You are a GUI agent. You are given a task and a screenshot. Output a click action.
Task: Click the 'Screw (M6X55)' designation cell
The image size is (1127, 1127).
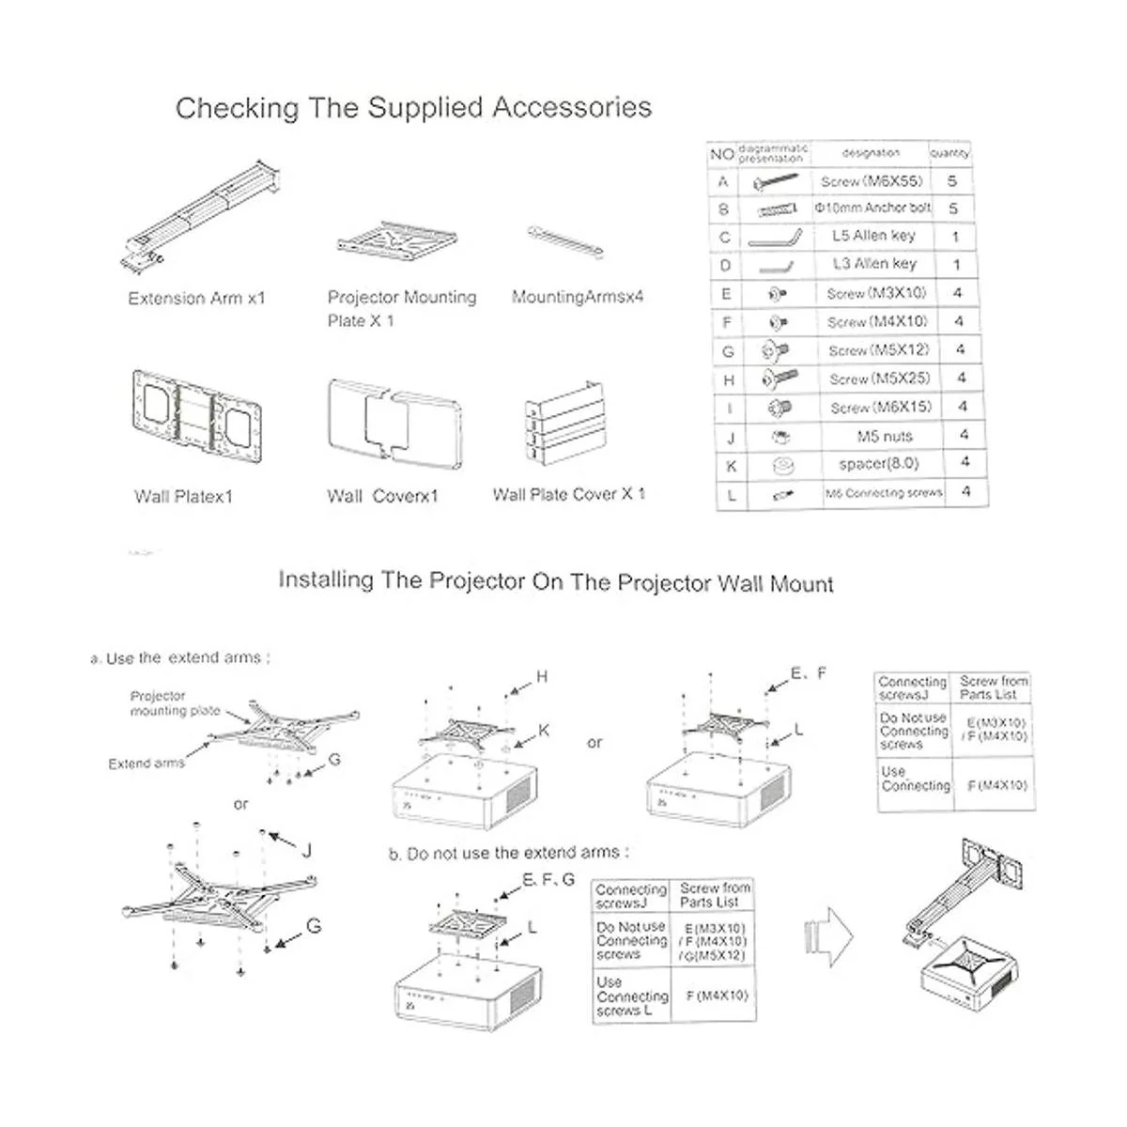872,181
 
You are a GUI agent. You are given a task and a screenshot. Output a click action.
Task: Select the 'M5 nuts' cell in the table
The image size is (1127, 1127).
885,436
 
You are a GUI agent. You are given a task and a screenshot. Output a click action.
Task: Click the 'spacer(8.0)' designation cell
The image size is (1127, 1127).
878,464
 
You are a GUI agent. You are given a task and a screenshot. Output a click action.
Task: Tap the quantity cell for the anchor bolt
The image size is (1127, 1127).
953,208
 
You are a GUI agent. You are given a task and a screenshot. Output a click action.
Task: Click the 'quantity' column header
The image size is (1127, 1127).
949,153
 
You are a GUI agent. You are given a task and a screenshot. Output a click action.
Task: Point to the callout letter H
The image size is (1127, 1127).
542,676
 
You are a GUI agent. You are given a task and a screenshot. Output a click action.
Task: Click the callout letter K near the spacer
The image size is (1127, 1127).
545,731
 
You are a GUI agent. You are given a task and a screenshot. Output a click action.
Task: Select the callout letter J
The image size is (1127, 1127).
306,851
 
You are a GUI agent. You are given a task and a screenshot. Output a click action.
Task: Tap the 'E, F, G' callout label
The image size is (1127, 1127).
548,880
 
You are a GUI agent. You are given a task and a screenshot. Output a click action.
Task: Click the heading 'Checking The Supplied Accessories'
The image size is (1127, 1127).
413,107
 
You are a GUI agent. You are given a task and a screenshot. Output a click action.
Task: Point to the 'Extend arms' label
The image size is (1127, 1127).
147,764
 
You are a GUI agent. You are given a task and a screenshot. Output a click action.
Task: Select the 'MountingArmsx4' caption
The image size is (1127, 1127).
578,297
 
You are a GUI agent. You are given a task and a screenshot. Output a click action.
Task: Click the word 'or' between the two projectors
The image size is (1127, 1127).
594,743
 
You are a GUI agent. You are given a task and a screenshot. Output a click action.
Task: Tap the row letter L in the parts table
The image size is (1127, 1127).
732,495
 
